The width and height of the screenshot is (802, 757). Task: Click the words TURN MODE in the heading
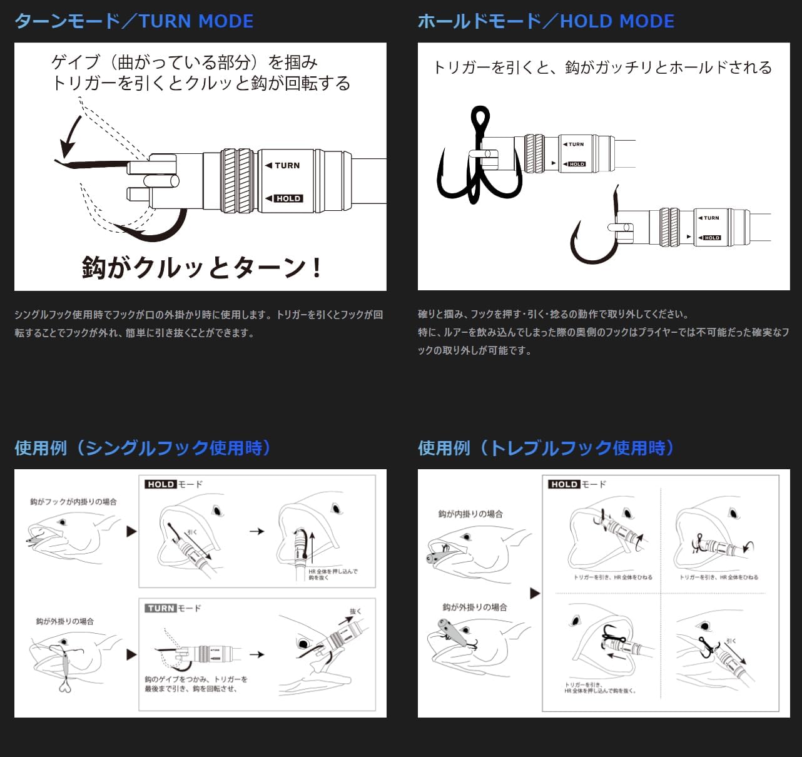196,21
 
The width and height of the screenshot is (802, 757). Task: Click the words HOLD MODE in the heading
617,21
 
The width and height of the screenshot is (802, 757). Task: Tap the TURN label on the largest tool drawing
287,166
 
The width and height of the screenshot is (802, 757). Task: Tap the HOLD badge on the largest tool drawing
288,198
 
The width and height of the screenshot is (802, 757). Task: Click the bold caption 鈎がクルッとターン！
201,268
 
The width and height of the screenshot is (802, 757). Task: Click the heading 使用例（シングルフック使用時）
143,448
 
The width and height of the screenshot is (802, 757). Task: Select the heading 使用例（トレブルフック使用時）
546,448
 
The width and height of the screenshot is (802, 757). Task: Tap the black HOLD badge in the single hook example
161,484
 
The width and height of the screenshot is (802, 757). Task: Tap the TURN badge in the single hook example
161,608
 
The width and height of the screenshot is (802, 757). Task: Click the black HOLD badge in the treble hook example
564,484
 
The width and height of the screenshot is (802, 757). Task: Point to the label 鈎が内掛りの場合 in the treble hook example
470,514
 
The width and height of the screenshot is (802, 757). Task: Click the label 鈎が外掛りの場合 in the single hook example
65,621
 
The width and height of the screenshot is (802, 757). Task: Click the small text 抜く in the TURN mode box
355,611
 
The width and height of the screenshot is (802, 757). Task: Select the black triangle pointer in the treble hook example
535,593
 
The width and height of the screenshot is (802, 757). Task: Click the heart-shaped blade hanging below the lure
65,686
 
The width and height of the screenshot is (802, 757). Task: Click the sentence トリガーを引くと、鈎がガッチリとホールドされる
602,68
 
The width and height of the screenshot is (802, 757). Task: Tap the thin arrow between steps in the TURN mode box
256,654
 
